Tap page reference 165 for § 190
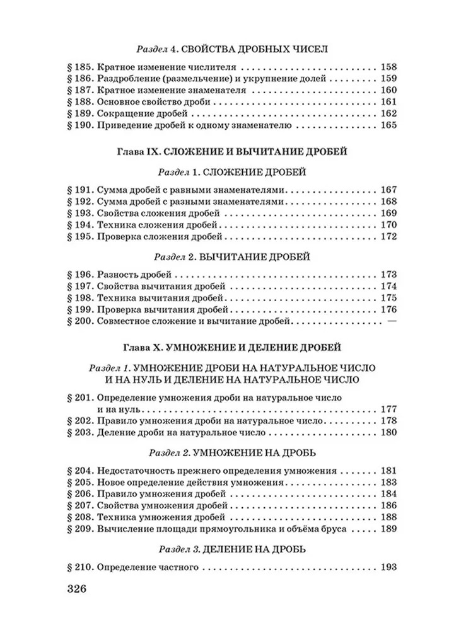pos(388,126)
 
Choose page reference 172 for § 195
pos(388,237)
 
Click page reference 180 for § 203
pos(388,433)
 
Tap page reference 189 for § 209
pos(388,529)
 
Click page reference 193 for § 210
pos(388,567)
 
